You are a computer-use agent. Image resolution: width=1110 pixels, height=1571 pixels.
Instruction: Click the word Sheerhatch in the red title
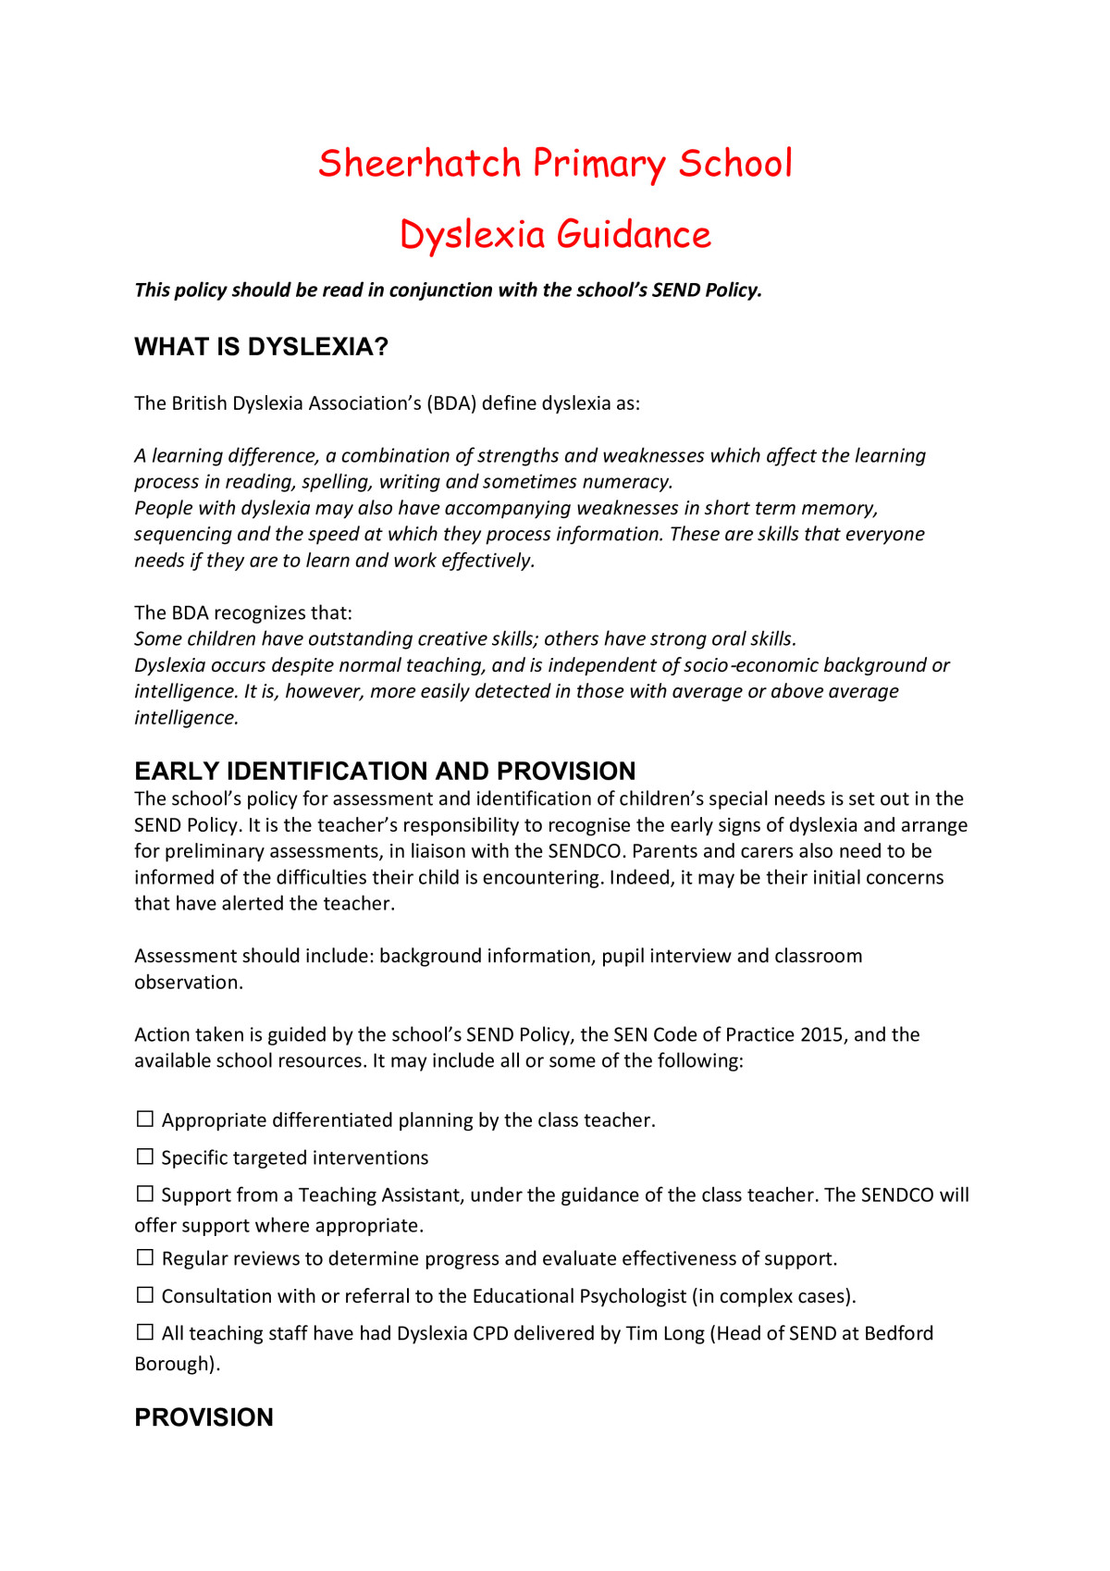[x=420, y=164]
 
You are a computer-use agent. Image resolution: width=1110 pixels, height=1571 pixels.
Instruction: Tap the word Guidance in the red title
[x=634, y=235]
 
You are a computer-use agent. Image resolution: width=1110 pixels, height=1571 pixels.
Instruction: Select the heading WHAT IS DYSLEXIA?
[x=261, y=347]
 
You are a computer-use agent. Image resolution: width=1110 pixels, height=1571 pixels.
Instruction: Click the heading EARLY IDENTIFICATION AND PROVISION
[x=385, y=771]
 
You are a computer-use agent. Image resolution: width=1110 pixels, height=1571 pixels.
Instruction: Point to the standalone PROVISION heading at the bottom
[x=203, y=1417]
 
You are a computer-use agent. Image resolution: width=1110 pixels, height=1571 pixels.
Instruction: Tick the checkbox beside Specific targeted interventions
[x=145, y=1157]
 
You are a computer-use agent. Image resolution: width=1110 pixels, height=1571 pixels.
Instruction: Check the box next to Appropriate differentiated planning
[x=145, y=1119]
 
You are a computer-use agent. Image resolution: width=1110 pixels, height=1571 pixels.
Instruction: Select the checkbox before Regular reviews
[x=145, y=1257]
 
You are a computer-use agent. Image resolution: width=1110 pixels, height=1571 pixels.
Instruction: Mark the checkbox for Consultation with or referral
[x=145, y=1295]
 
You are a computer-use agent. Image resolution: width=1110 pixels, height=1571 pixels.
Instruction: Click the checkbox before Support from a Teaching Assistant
[x=145, y=1194]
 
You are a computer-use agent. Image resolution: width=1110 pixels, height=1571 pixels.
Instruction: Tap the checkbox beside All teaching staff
[x=145, y=1332]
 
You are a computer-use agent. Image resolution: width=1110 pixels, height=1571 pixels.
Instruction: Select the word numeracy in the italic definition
[x=626, y=482]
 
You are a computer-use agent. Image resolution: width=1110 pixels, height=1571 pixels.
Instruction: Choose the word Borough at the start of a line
[x=175, y=1364]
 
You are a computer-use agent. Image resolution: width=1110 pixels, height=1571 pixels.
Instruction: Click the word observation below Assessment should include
[x=188, y=983]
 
